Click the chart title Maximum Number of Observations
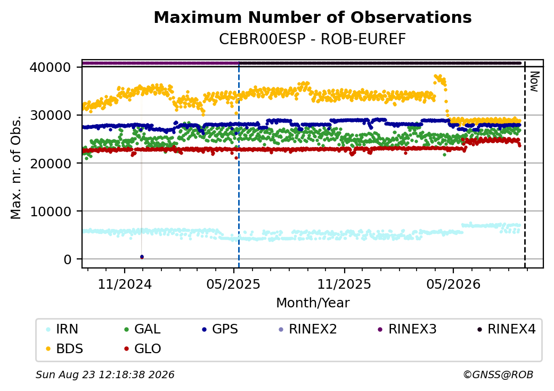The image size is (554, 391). (313, 17)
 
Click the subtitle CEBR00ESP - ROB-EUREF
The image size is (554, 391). (312, 39)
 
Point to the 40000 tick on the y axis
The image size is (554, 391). (50, 67)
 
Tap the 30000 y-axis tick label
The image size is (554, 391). (50, 115)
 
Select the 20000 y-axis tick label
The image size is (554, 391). (50, 163)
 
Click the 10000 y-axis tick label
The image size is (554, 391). (50, 211)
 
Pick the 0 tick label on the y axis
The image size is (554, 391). (68, 259)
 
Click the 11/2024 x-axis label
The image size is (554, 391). (124, 284)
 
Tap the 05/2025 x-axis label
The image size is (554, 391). (233, 284)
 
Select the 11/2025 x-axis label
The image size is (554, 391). (344, 284)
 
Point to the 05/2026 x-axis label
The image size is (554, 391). (453, 284)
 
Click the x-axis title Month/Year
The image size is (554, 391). (313, 303)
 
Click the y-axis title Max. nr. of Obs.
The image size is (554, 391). (16, 167)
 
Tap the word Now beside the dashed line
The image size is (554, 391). (535, 82)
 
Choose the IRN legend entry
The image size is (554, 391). (62, 329)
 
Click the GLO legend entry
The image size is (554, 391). (142, 349)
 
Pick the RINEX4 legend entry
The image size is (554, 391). (506, 329)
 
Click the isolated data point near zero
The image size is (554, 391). (142, 257)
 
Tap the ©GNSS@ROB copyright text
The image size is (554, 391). (498, 374)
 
